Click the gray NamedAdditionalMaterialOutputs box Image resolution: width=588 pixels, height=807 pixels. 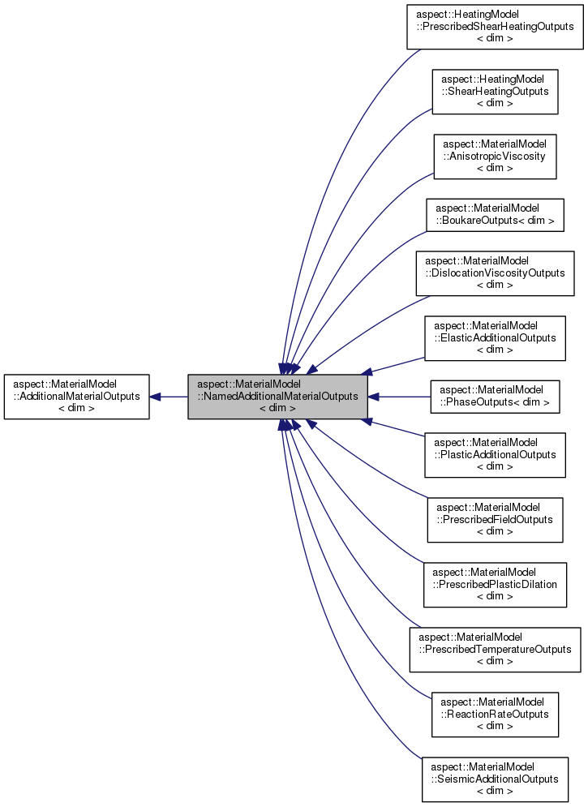(x=278, y=397)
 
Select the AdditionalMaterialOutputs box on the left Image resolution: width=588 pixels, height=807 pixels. (x=76, y=397)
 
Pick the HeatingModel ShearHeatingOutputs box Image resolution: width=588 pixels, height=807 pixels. (x=495, y=91)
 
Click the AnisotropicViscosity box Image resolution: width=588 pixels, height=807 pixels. (x=495, y=156)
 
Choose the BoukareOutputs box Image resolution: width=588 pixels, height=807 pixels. (x=495, y=215)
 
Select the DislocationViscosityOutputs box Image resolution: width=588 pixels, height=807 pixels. (x=495, y=273)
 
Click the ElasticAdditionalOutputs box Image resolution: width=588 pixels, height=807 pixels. (x=495, y=338)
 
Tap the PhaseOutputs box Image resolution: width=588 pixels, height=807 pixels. (x=495, y=397)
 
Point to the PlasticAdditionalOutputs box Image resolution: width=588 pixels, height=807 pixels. (x=495, y=455)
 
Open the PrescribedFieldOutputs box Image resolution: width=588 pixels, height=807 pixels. (x=495, y=520)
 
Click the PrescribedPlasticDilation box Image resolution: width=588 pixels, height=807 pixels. (x=495, y=585)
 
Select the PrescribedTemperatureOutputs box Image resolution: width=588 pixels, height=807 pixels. (x=495, y=650)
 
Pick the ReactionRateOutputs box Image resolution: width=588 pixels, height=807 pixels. (x=495, y=715)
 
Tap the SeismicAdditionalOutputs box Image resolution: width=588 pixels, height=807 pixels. (x=495, y=779)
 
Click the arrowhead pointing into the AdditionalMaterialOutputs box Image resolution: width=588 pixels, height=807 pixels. (x=156, y=397)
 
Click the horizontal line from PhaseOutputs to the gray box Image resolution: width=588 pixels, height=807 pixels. (x=401, y=397)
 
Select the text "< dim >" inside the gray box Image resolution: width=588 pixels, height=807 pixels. (x=277, y=408)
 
